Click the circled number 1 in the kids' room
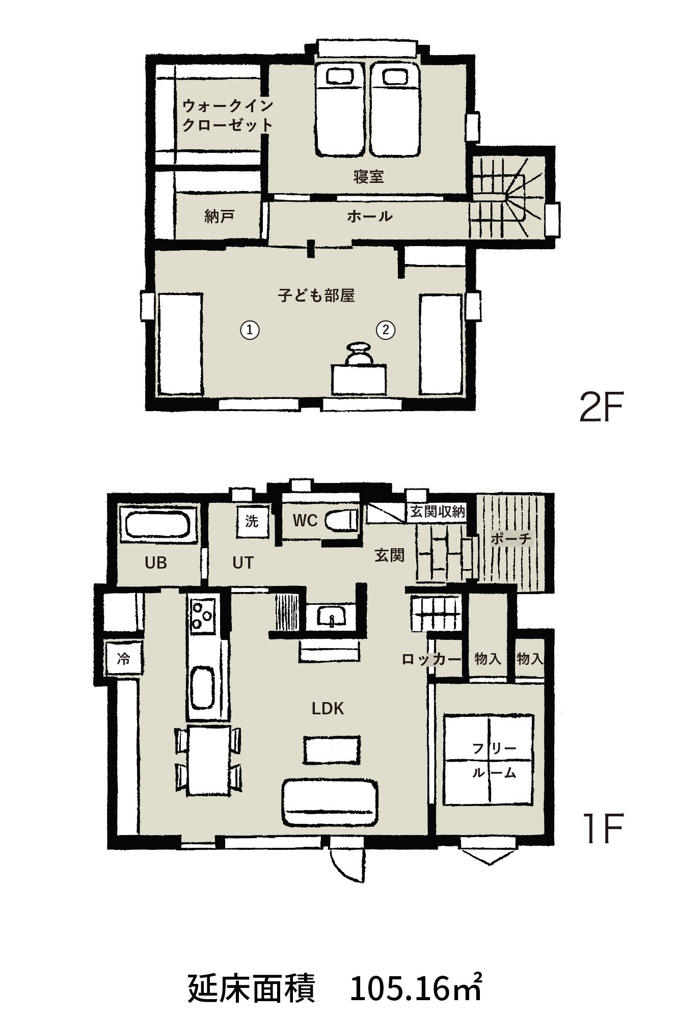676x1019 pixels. click(250, 330)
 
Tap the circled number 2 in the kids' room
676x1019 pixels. click(386, 330)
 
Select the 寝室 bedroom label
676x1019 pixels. click(368, 177)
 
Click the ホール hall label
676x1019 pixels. click(369, 216)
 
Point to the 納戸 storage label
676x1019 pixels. click(219, 217)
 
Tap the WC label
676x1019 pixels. click(305, 520)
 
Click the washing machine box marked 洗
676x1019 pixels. click(252, 521)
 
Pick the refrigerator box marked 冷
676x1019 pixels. click(123, 659)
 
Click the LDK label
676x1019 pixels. click(328, 708)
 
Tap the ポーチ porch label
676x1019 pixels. click(511, 538)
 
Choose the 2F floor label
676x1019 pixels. click(601, 407)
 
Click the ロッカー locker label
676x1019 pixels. click(431, 659)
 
